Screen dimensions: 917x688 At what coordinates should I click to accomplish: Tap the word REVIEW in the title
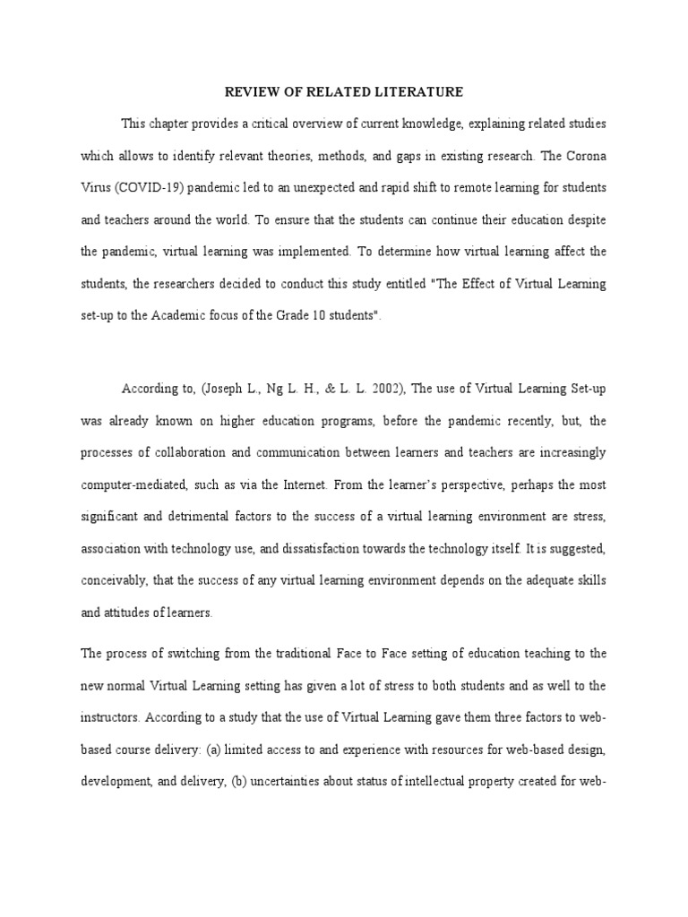click(245, 91)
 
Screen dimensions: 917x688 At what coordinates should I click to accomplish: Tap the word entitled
click(383, 284)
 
